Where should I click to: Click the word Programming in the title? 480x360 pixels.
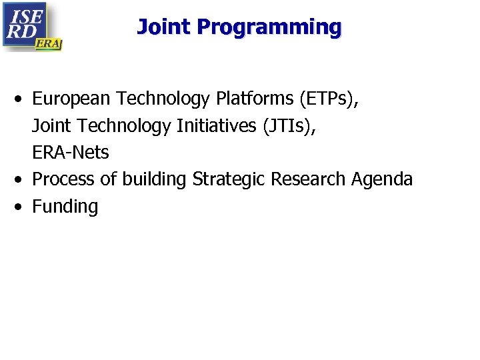(x=269, y=27)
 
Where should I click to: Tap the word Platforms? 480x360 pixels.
(x=255, y=99)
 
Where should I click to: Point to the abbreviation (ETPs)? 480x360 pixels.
(x=329, y=99)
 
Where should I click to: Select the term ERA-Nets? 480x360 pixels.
(x=70, y=153)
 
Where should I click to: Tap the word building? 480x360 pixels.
(x=155, y=179)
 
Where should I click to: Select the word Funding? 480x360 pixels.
(x=65, y=207)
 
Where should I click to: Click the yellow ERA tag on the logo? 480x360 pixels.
(x=48, y=43)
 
